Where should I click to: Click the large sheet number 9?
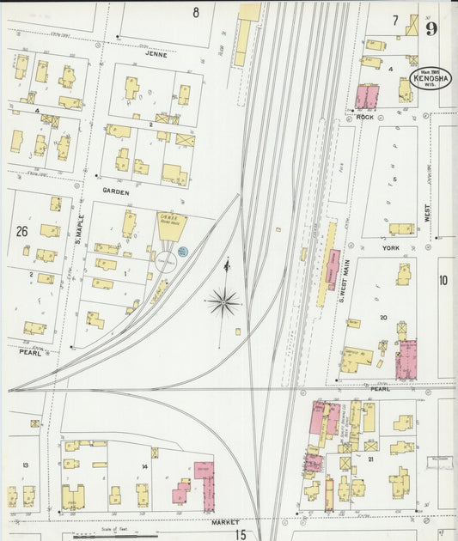tap(431, 28)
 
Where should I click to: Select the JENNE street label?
tap(156, 53)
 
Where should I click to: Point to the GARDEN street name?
tap(115, 192)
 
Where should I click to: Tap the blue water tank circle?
tap(182, 251)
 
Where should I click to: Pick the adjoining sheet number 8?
tap(195, 12)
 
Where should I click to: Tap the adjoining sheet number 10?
tap(443, 280)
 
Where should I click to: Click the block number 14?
tap(144, 466)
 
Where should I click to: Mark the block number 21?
tap(370, 459)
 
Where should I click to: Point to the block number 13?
tap(26, 465)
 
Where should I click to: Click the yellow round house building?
tap(170, 225)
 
